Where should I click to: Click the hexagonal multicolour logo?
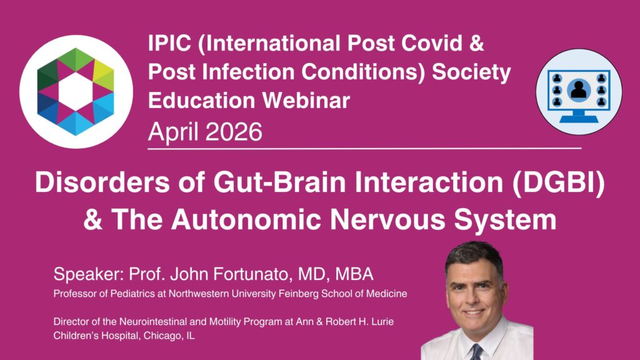click(76, 92)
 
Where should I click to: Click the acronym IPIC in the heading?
click(169, 43)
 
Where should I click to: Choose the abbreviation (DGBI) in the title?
click(558, 182)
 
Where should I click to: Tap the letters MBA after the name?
click(354, 274)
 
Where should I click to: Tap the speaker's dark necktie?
click(475, 352)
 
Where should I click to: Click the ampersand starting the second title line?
click(92, 220)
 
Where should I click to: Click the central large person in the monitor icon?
click(578, 89)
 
